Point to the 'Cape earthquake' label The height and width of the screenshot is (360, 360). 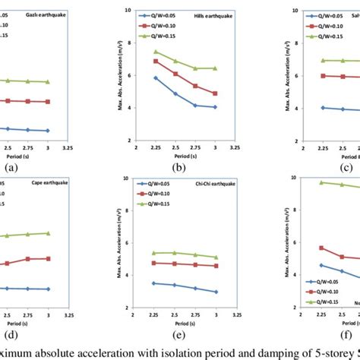click(x=32, y=185)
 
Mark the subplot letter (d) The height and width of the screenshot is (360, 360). click(x=11, y=335)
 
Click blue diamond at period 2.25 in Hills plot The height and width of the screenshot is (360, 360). click(x=156, y=77)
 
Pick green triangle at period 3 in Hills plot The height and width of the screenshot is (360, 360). click(x=215, y=68)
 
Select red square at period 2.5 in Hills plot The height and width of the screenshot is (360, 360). click(x=175, y=74)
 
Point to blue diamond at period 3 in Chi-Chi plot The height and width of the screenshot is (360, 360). click(x=215, y=292)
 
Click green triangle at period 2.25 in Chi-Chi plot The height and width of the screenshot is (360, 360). click(x=156, y=253)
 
